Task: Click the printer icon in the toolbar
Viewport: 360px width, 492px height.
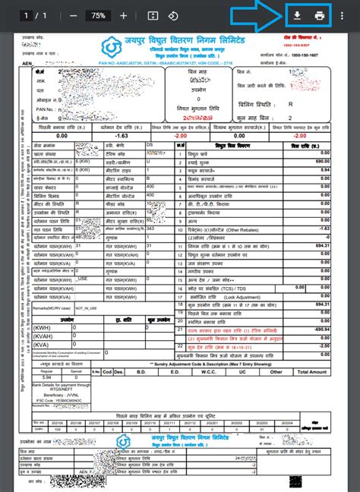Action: [x=320, y=15]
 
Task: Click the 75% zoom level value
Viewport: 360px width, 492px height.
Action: [x=98, y=15]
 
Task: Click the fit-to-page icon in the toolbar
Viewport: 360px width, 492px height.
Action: [x=152, y=15]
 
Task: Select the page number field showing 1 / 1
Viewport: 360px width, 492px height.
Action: [x=36, y=15]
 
